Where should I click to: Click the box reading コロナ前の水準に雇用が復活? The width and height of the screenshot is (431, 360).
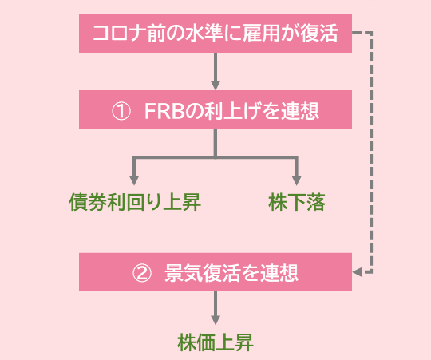(215, 34)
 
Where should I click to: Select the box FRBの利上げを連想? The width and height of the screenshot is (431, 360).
(215, 111)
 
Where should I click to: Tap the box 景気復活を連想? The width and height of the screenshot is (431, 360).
(215, 272)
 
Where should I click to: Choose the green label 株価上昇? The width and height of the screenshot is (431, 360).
(215, 343)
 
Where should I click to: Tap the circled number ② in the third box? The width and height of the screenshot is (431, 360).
(140, 273)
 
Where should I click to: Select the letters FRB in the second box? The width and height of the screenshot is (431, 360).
(164, 112)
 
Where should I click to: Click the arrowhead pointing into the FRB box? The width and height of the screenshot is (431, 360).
(215, 84)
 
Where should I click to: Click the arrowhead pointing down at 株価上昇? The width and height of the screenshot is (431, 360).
(215, 321)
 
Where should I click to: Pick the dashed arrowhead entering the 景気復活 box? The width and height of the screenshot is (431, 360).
(358, 272)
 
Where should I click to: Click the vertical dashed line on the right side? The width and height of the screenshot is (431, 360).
(371, 152)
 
